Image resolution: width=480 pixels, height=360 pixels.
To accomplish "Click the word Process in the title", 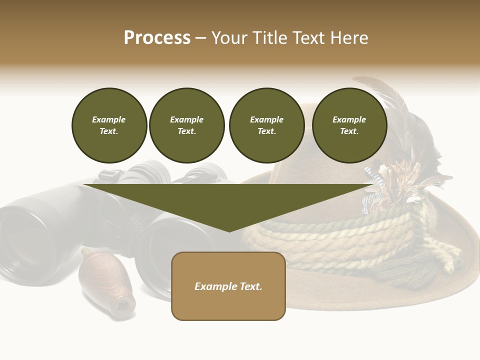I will coord(157,38).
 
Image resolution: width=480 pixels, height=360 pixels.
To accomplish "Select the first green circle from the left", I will coord(109,125).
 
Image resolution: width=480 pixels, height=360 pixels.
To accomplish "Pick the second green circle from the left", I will coord(186,125).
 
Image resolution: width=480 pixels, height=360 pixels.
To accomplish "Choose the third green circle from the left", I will coord(266,125).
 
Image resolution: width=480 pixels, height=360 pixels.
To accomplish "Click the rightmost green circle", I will coord(349,125).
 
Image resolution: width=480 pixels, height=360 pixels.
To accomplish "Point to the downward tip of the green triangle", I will coord(229,230).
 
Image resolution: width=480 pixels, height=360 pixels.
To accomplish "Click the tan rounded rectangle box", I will coord(228,305).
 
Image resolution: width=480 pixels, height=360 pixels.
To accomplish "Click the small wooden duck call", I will coord(106,282).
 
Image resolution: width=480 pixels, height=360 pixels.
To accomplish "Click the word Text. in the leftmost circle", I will coord(109,131).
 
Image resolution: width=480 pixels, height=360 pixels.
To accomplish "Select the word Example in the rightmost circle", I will coord(349,119).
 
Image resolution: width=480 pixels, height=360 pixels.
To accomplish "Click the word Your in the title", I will coord(229,38).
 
